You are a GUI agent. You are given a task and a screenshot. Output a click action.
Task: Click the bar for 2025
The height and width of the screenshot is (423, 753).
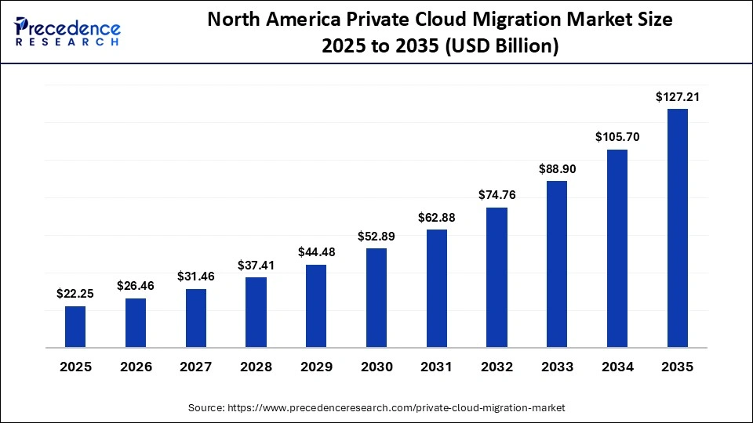tap(75, 327)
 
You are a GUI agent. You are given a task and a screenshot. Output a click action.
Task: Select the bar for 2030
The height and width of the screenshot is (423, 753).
tap(376, 298)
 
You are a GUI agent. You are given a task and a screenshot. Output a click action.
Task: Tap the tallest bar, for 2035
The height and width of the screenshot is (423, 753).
tap(678, 228)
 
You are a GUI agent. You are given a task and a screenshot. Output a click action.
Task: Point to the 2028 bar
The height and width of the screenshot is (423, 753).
tap(256, 312)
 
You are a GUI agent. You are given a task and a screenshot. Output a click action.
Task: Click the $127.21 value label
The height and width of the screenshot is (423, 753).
tap(678, 97)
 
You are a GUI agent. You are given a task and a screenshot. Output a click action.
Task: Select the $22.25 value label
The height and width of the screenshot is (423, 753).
tap(75, 294)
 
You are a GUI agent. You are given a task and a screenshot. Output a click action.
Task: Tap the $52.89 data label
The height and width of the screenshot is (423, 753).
tap(376, 236)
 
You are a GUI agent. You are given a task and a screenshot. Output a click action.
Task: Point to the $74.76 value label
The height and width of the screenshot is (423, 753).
tap(497, 195)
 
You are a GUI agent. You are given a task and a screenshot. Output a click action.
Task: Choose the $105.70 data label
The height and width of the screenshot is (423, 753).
tap(617, 137)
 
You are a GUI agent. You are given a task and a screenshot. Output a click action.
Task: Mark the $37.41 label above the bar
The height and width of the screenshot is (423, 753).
tap(256, 265)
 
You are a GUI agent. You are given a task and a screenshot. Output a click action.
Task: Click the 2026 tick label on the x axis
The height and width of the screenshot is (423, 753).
tap(136, 367)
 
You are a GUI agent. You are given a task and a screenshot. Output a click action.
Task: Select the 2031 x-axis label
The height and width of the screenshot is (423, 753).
tap(437, 367)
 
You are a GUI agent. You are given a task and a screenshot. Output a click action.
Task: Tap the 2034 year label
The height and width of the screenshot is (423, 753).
tap(617, 367)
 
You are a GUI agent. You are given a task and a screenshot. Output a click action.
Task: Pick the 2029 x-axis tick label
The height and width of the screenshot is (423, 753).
tap(316, 367)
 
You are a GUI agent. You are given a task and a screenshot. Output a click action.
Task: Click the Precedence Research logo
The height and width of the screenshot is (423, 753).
tap(67, 31)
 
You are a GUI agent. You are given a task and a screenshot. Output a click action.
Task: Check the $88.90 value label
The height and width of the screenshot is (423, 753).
tap(557, 168)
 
